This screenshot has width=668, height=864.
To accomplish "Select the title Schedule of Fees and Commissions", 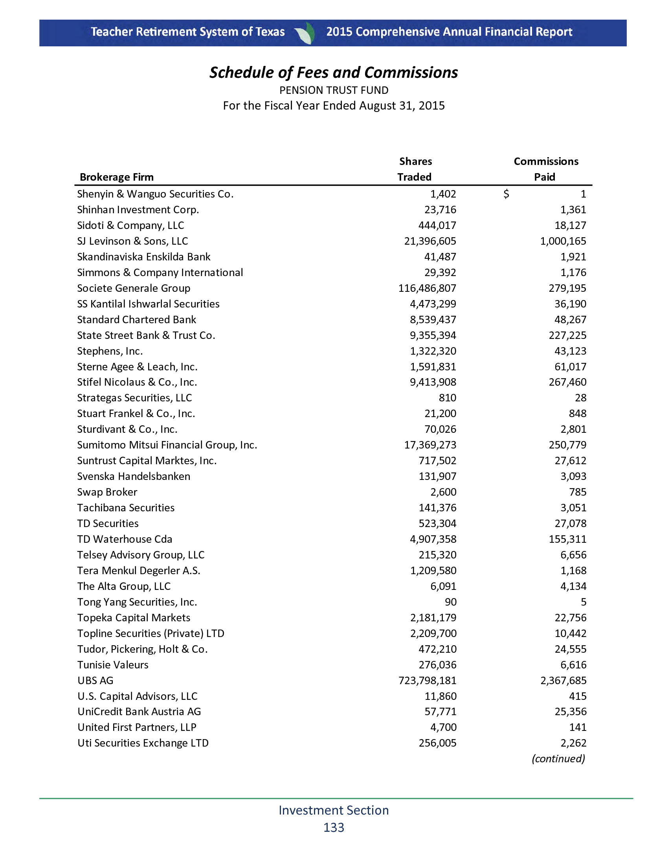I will pos(334,73).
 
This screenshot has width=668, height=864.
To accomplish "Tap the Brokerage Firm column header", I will pos(117,177).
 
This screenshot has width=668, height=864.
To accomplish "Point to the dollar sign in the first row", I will pos(506,194).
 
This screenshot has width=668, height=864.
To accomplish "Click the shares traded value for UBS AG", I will pos(428,681).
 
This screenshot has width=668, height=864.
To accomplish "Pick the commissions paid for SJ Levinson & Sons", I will pos(563,241).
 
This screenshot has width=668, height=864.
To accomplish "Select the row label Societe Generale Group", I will pos(134,288).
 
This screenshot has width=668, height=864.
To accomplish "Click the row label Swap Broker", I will pos(107,492).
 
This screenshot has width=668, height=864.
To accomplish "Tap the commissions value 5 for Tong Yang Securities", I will pos(583,602).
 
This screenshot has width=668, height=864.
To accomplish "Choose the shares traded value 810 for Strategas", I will pos(448,397).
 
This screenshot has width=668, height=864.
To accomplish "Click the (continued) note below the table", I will pos(558,759).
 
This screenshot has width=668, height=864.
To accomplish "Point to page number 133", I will pos(334,827).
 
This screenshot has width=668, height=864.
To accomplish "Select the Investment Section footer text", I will pos(334,810).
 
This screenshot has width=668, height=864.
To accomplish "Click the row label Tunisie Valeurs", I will pos(113,665).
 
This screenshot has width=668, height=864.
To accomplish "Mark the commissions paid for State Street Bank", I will pos(567,335).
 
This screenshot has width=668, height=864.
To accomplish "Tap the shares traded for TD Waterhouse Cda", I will pos(433,539).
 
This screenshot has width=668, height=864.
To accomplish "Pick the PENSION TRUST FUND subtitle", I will pos(334,90).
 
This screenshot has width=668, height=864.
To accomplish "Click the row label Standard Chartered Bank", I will pos(137,320).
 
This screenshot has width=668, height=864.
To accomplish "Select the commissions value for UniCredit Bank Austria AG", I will pos(570,712).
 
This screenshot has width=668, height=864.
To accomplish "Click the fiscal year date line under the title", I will pos(334,106).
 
